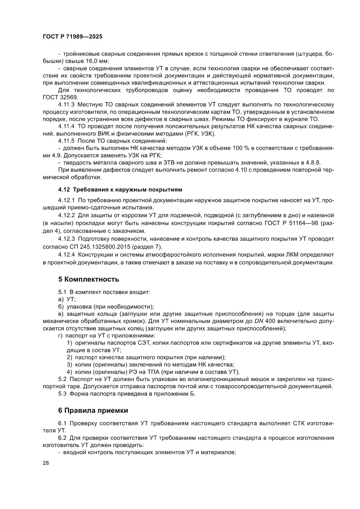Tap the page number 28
pos(46,463)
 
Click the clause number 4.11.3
pos(67,104)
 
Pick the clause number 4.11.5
pos(67,141)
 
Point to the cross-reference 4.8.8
pos(313,162)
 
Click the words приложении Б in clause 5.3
pos(174,394)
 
